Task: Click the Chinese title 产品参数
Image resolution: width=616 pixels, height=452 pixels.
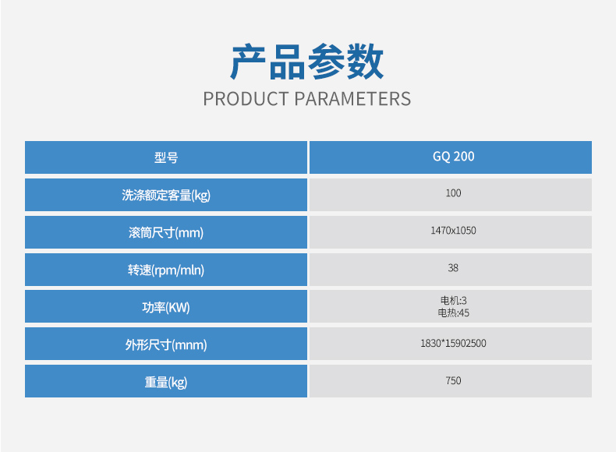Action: [306, 62]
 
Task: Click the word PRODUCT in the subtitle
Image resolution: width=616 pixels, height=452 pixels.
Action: [246, 99]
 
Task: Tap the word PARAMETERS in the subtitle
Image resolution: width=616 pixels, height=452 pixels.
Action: [352, 99]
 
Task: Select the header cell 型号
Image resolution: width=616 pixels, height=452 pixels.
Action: [166, 157]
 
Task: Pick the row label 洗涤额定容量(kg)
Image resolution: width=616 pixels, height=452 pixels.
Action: [166, 195]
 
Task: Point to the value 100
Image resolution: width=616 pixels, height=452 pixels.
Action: [453, 193]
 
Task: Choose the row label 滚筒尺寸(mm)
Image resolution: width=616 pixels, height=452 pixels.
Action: [166, 232]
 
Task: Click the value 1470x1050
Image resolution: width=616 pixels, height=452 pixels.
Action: [453, 231]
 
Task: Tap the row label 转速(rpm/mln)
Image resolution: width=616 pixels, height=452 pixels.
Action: [166, 270]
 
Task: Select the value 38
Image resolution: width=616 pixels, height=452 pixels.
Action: [453, 268]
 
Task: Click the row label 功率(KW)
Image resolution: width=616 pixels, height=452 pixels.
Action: [166, 307]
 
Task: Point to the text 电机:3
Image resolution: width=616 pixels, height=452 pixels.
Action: [453, 301]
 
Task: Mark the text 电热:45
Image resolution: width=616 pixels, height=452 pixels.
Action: [453, 313]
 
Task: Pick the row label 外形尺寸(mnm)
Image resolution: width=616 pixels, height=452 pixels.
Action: [166, 344]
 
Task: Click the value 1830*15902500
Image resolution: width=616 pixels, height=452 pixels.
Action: [453, 343]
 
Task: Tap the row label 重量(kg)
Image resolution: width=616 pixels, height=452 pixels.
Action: [166, 382]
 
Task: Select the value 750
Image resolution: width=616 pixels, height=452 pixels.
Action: [453, 380]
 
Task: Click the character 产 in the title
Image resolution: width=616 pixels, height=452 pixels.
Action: [248, 62]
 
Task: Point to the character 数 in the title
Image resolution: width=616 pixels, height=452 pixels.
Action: [366, 62]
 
